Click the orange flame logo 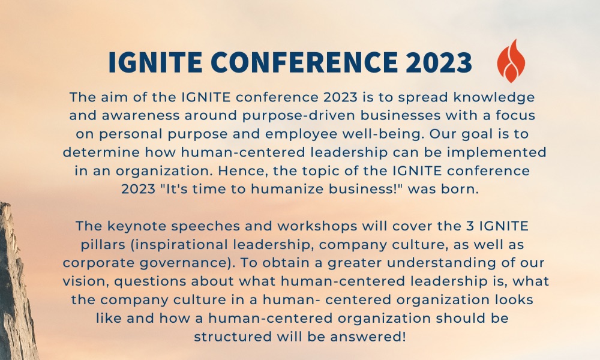coord(511,61)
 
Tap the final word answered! coord(368,336)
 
